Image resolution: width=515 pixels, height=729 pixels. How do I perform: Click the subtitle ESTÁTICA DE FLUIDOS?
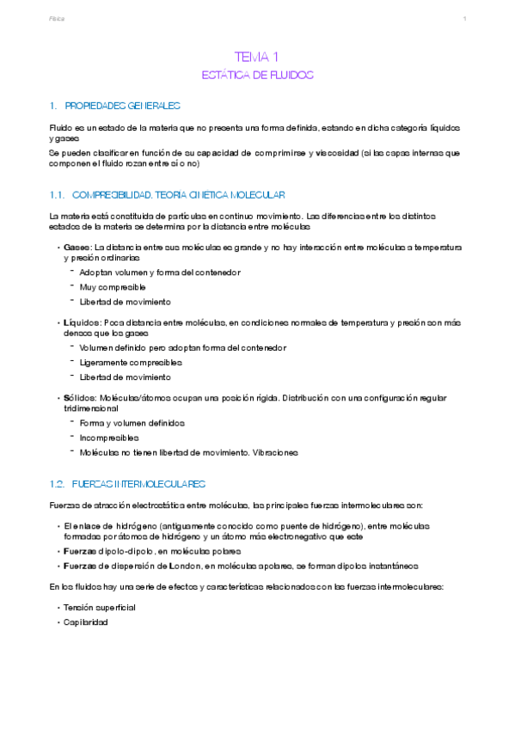point(257,75)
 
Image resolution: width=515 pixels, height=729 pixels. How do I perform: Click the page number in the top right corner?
point(464,18)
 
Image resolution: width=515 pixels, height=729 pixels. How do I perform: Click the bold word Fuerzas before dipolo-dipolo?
point(81,550)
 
